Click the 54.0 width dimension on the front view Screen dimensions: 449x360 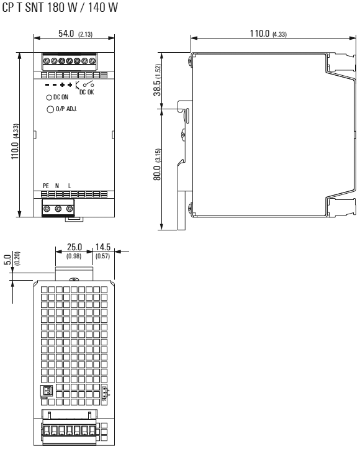point(66,33)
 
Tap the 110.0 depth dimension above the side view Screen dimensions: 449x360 point(259,33)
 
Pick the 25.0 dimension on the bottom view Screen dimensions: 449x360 point(74,248)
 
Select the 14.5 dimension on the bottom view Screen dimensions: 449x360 point(102,248)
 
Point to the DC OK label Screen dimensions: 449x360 point(88,91)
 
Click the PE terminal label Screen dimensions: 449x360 point(45,186)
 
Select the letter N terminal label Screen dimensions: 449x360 point(58,186)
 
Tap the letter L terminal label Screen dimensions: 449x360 point(70,186)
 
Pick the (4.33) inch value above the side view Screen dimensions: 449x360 point(279,34)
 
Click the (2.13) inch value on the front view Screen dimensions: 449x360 point(84,34)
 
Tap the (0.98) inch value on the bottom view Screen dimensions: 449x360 point(74,255)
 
